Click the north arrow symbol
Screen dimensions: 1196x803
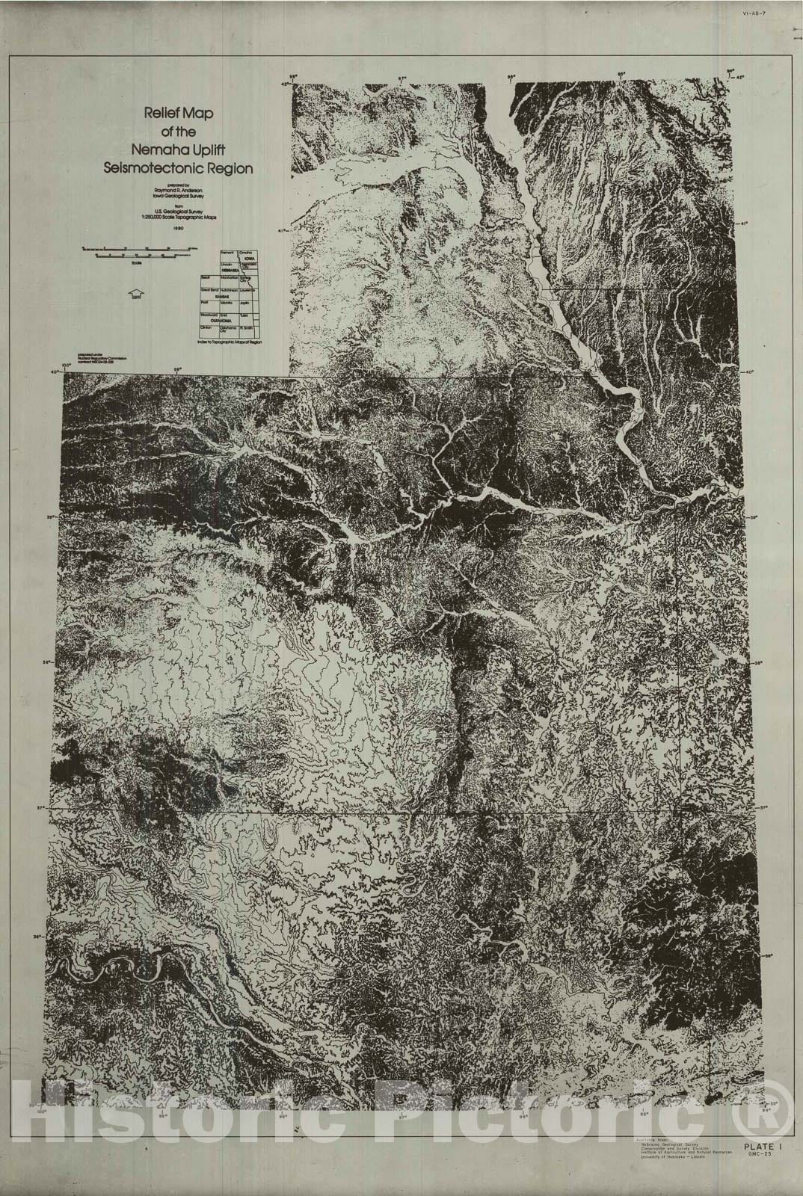pos(136,293)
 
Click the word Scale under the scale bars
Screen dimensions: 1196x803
pos(136,262)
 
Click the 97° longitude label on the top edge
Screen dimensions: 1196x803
pos(402,78)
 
